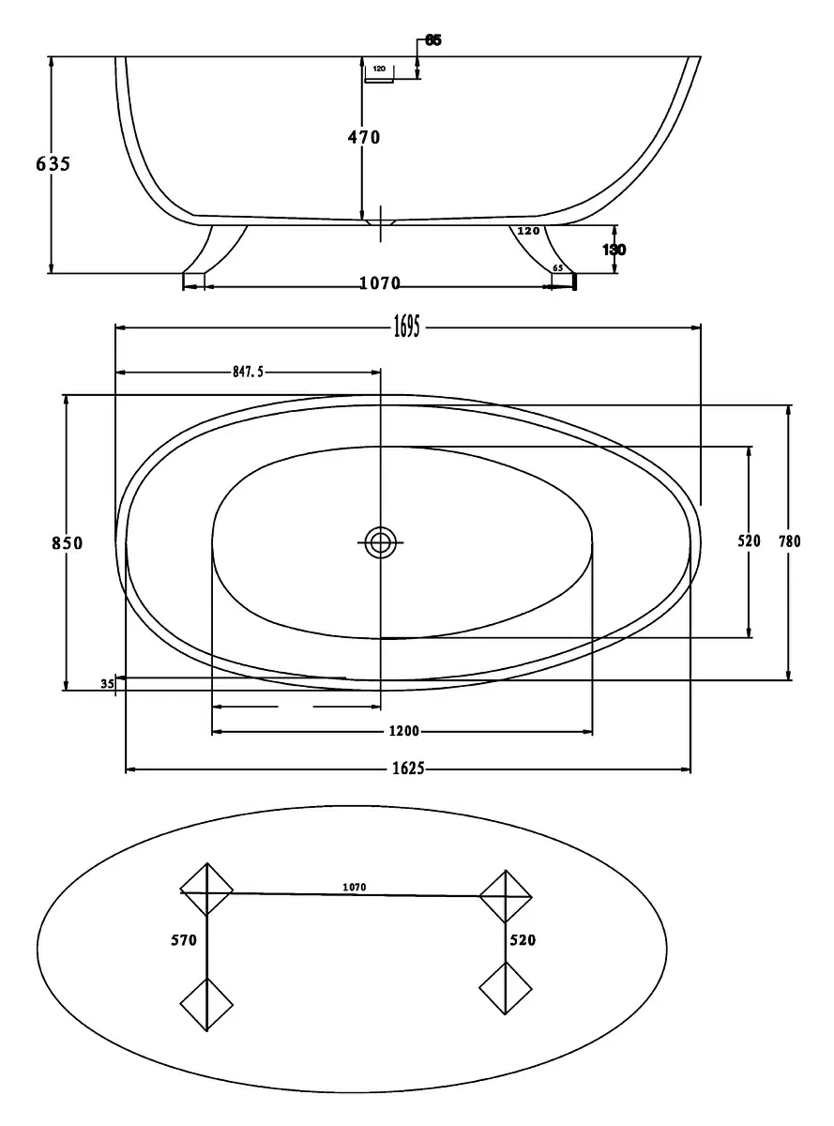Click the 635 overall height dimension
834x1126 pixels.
tap(53, 164)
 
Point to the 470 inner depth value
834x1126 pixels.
tap(364, 137)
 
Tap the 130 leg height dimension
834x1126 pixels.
tap(614, 250)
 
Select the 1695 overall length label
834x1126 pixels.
tap(407, 327)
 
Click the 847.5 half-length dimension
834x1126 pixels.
tap(249, 373)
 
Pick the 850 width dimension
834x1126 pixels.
tap(67, 543)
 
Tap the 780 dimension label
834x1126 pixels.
tap(790, 541)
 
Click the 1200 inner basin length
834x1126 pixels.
tap(404, 731)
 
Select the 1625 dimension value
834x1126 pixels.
tap(409, 768)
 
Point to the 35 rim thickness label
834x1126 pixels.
tap(107, 684)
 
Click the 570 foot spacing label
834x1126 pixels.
tap(184, 940)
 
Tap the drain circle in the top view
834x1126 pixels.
tap(380, 542)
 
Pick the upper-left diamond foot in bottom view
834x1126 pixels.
tap(206, 890)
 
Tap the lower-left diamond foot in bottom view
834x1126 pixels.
tap(206, 1005)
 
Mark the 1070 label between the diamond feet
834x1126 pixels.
tap(355, 887)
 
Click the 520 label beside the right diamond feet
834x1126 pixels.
tap(523, 940)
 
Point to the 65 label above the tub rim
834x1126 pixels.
tap(433, 40)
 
